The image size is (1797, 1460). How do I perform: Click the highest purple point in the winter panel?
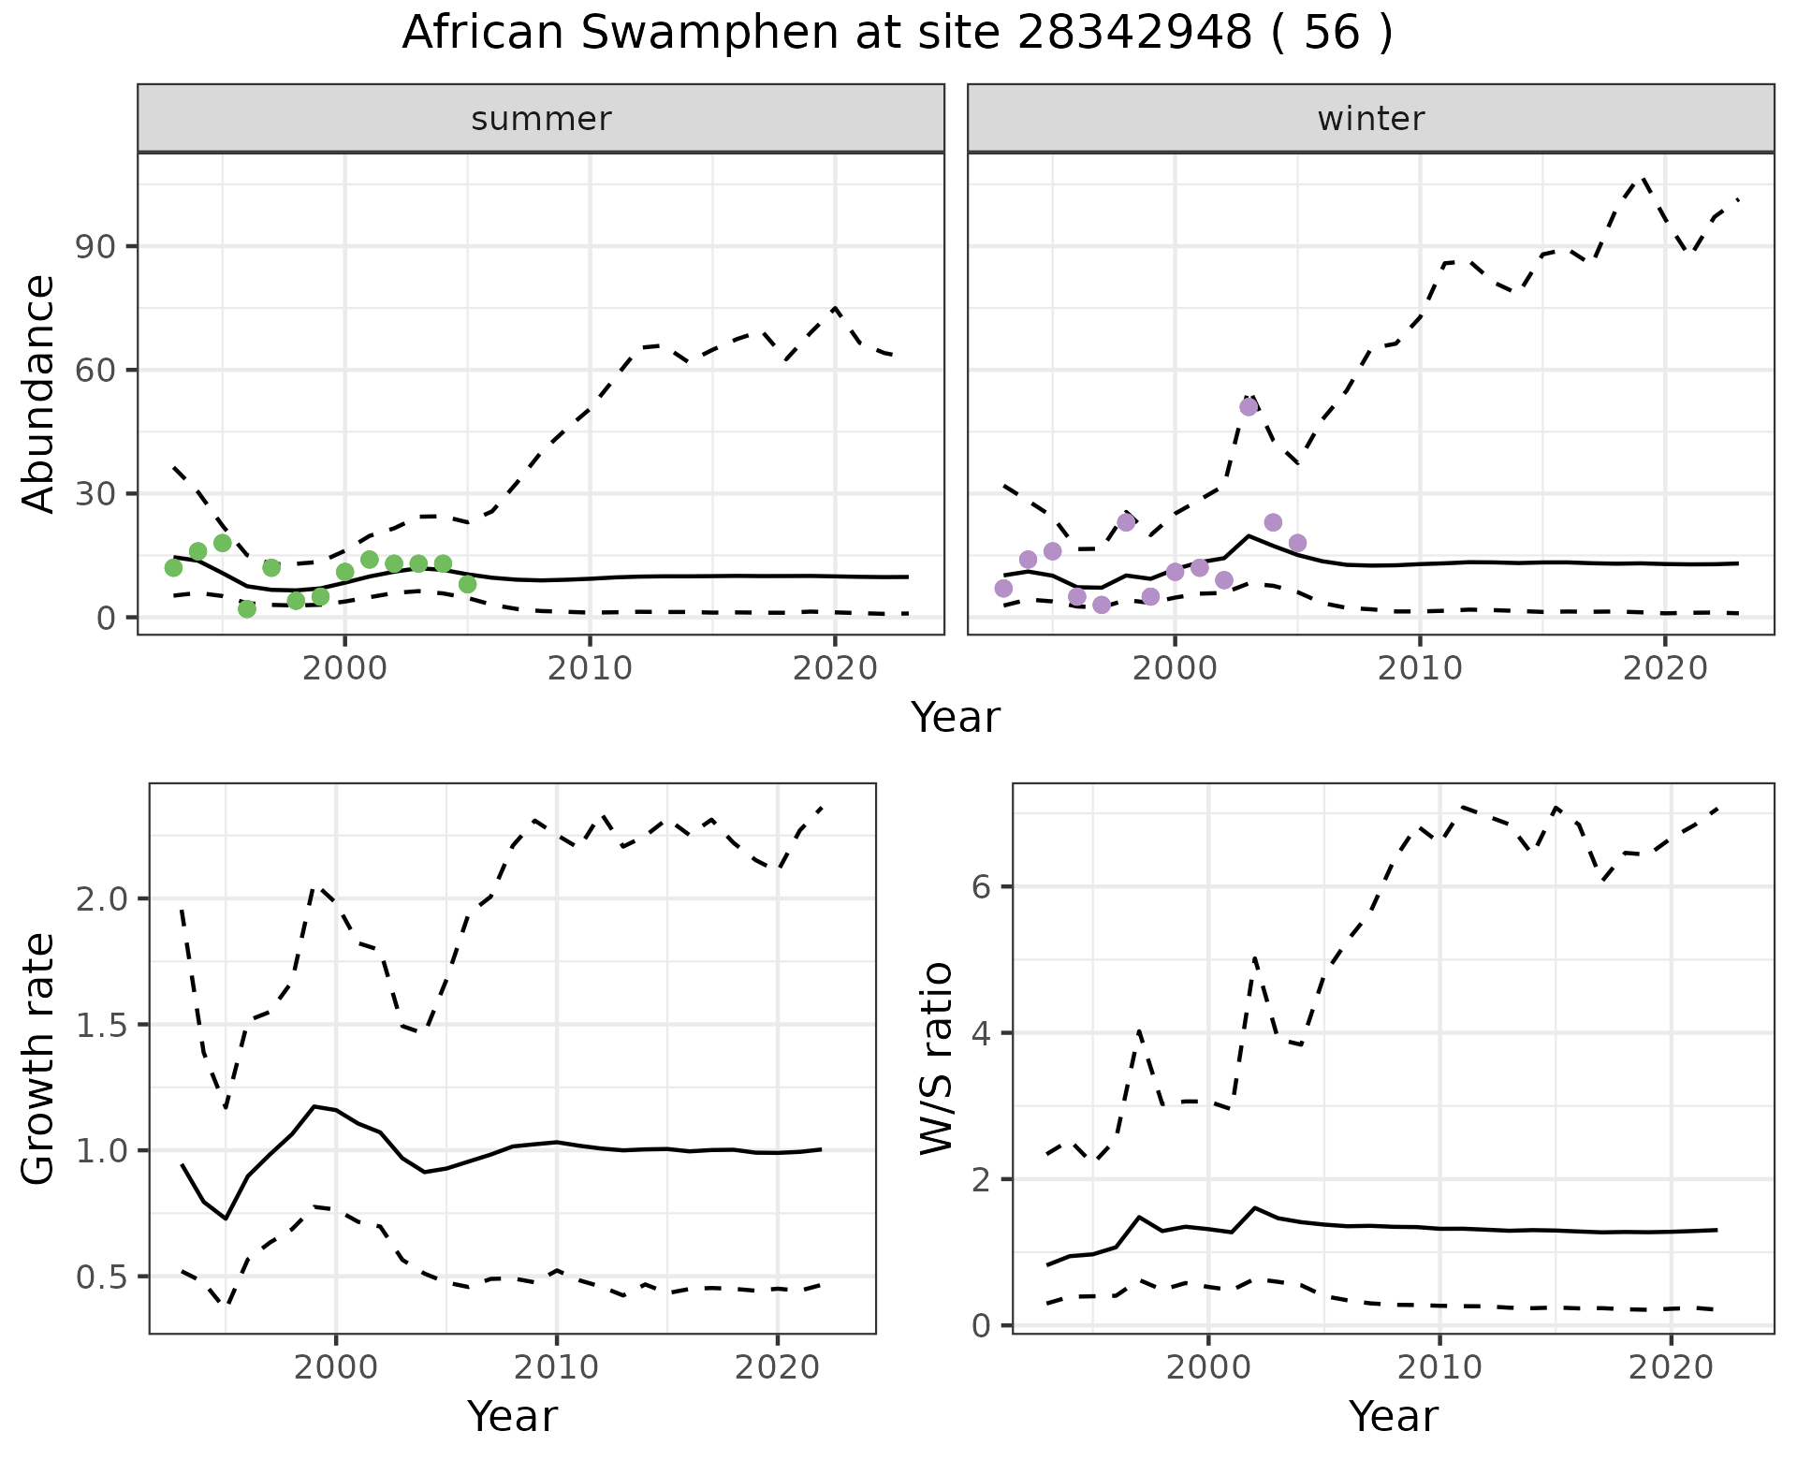[1249, 407]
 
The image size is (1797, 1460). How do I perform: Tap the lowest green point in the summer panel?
[247, 608]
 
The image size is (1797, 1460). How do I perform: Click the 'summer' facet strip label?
[541, 119]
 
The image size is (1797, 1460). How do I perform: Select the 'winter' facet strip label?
[1370, 119]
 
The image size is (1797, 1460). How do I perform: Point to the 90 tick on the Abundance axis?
[92, 247]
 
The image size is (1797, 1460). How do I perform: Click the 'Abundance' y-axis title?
[39, 394]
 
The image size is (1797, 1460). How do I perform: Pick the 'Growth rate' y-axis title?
[39, 1059]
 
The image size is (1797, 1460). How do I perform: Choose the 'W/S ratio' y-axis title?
[936, 1059]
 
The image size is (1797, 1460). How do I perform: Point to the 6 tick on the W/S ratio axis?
[983, 886]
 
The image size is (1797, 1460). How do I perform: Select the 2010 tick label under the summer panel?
[590, 668]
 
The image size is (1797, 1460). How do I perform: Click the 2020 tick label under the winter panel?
[1664, 668]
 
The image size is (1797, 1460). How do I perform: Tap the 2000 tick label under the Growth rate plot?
[336, 1368]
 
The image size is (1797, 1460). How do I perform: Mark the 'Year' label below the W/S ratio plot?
[1393, 1417]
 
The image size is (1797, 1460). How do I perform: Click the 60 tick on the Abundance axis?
[92, 371]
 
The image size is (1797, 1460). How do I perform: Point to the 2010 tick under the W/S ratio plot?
[1439, 1368]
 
